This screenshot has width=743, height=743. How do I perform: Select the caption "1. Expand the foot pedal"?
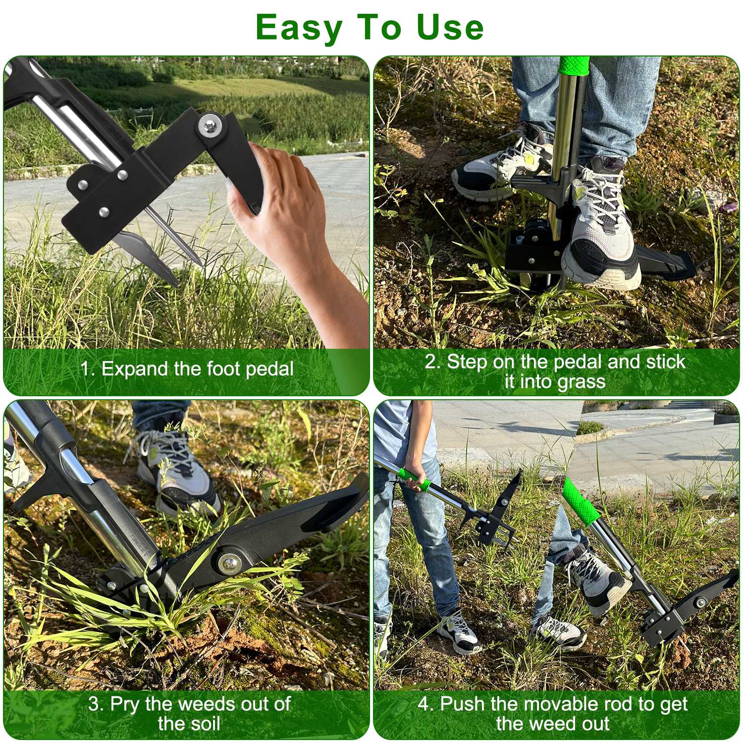click(x=188, y=369)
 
